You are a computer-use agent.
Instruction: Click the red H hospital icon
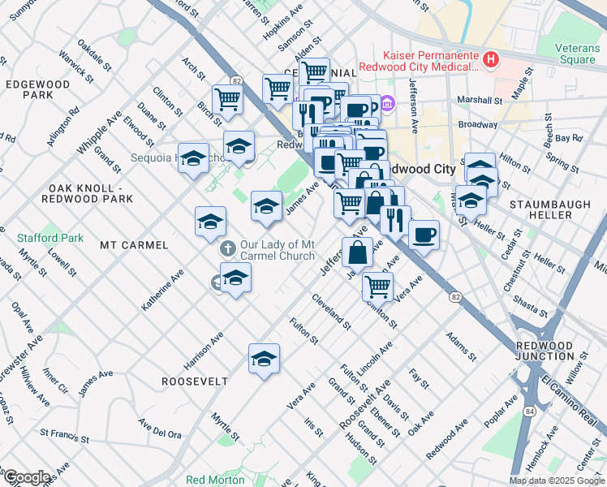489,58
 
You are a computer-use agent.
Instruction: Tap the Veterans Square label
577,54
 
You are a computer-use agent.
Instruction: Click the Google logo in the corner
26,477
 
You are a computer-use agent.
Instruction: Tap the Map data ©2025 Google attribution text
556,481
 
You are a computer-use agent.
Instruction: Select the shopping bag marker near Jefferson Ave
357,252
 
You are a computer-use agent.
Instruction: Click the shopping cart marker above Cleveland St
377,286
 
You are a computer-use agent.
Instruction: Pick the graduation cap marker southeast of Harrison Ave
264,358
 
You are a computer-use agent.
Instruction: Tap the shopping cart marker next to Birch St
228,99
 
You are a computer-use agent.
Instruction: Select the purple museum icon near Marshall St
387,104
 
